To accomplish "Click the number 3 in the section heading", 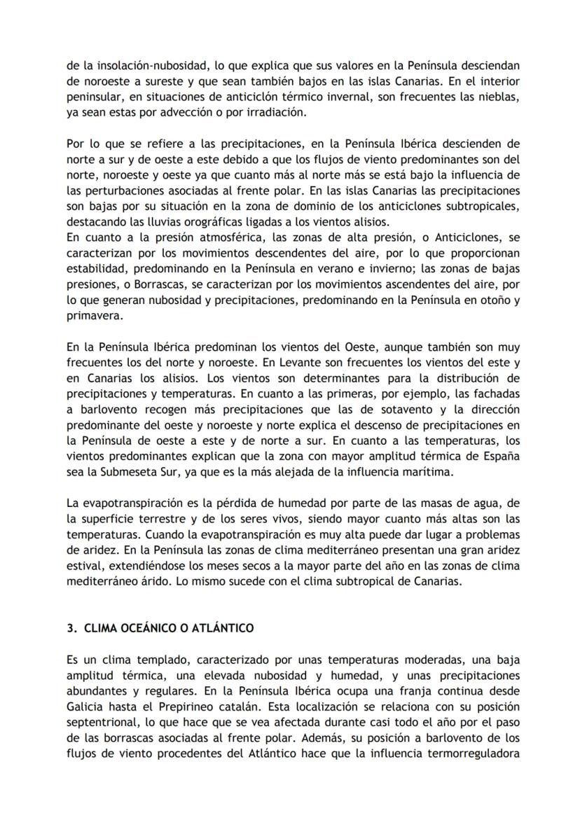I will coord(69,628).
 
